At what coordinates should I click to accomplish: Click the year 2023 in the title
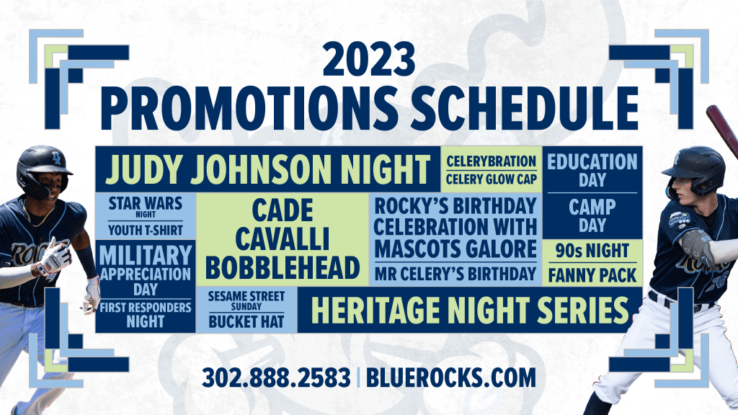click(369, 59)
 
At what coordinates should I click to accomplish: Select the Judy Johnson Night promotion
click(267, 169)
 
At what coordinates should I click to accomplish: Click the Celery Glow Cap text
click(492, 179)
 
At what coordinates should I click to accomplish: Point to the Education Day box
click(592, 169)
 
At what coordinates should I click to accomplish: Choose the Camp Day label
click(592, 215)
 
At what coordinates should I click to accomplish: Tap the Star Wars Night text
click(146, 207)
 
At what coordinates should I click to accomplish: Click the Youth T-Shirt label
click(146, 230)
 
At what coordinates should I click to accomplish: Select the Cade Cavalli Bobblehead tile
click(283, 239)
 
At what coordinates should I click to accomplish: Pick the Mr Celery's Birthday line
click(455, 274)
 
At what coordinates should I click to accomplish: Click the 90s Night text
click(592, 251)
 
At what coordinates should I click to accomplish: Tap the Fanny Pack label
click(592, 275)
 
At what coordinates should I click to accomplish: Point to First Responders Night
click(146, 315)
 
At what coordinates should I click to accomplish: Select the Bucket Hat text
click(246, 322)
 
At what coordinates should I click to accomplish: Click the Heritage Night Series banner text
click(470, 310)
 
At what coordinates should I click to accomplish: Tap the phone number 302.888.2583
click(276, 378)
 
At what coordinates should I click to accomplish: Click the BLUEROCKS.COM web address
click(451, 378)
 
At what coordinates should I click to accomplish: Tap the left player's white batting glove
click(54, 257)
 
